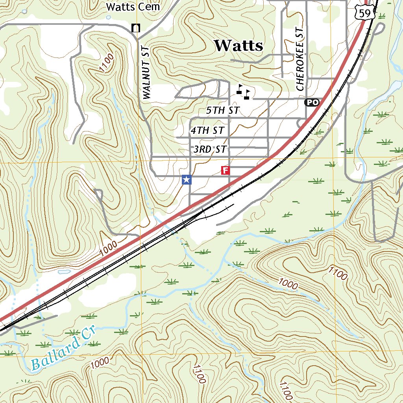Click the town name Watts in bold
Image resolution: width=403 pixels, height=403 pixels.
[238, 46]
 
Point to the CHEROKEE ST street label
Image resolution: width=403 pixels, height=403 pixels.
[300, 59]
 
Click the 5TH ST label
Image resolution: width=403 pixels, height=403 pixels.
[223, 111]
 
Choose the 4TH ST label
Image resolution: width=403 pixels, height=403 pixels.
[207, 130]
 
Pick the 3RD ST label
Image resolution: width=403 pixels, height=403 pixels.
[210, 150]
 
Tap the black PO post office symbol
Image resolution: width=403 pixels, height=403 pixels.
[311, 102]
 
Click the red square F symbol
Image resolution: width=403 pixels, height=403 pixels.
[225, 170]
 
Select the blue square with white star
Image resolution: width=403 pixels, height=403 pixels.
[187, 180]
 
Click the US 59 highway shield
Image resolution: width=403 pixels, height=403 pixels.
[366, 13]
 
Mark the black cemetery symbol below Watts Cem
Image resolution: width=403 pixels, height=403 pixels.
[136, 28]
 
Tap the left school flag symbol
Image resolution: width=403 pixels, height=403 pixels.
[239, 89]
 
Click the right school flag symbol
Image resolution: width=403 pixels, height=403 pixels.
[247, 94]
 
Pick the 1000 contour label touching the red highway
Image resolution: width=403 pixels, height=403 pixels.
[108, 248]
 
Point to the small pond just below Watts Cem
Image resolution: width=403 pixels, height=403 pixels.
[109, 17]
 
